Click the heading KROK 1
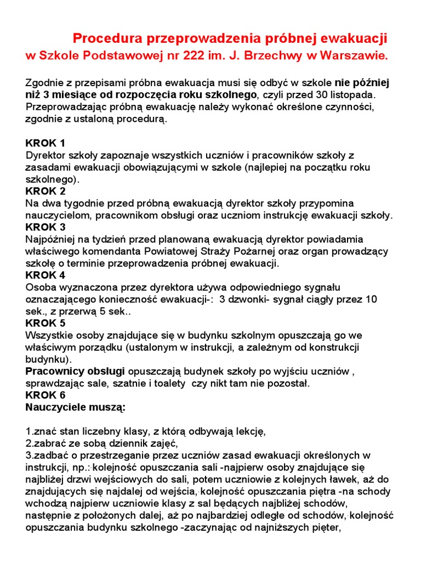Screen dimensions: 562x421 click(x=45, y=143)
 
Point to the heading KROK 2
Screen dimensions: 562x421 click(x=45, y=191)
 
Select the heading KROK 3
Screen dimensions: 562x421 click(x=45, y=227)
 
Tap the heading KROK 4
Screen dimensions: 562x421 click(x=45, y=275)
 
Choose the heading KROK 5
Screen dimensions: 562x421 click(x=45, y=323)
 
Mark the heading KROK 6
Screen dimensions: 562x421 click(x=45, y=395)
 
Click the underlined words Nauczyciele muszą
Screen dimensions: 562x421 click(x=76, y=407)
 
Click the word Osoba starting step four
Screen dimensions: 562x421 click(x=40, y=287)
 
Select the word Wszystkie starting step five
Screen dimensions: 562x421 click(x=49, y=335)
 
